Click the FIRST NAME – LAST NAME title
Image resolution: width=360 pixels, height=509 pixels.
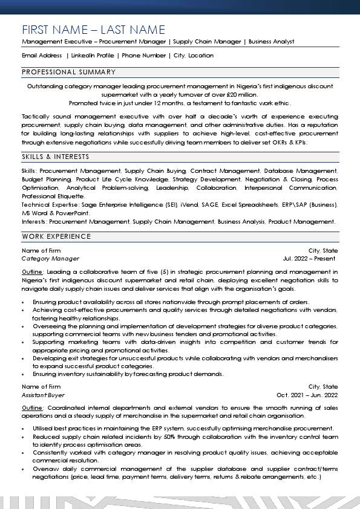point(93,30)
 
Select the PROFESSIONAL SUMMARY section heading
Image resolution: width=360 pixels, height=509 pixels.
point(68,72)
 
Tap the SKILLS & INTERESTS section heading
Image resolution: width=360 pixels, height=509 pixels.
point(55,157)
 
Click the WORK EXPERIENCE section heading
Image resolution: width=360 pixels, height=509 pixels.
point(56,236)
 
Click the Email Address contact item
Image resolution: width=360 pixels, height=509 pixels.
point(42,56)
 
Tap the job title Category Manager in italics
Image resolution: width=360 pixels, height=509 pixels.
point(50,259)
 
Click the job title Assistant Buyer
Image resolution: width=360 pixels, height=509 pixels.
point(43,395)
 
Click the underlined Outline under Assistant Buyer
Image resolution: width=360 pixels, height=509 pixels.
point(32,408)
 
